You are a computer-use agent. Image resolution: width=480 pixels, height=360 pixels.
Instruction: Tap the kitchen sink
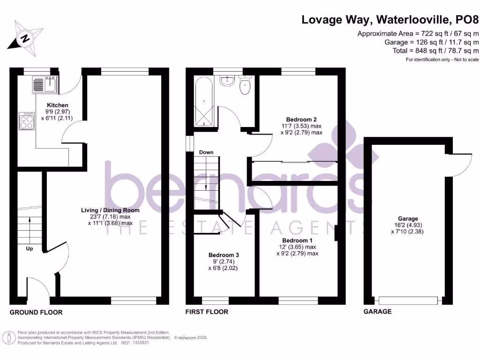[x=44, y=85]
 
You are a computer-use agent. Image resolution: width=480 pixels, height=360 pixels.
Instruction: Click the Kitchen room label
[x=58, y=105]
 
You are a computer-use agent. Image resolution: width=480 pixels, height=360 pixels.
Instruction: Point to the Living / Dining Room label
[x=110, y=210]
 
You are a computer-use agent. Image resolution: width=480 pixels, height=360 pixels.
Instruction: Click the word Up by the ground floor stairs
[x=29, y=249]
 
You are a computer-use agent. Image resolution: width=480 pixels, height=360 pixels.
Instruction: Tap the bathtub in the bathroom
[x=204, y=104]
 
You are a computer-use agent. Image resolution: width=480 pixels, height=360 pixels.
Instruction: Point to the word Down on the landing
[x=206, y=152]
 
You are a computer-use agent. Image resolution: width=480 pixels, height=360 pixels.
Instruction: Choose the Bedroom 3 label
[x=224, y=255]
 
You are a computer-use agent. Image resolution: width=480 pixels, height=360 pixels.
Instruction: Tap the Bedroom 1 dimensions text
[x=297, y=250]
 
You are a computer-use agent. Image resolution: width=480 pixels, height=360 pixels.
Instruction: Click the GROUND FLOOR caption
[x=36, y=312]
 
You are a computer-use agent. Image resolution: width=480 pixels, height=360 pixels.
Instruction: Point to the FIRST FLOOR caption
[x=207, y=312]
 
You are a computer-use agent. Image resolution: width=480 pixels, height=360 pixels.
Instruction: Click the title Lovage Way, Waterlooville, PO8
[x=390, y=20]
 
